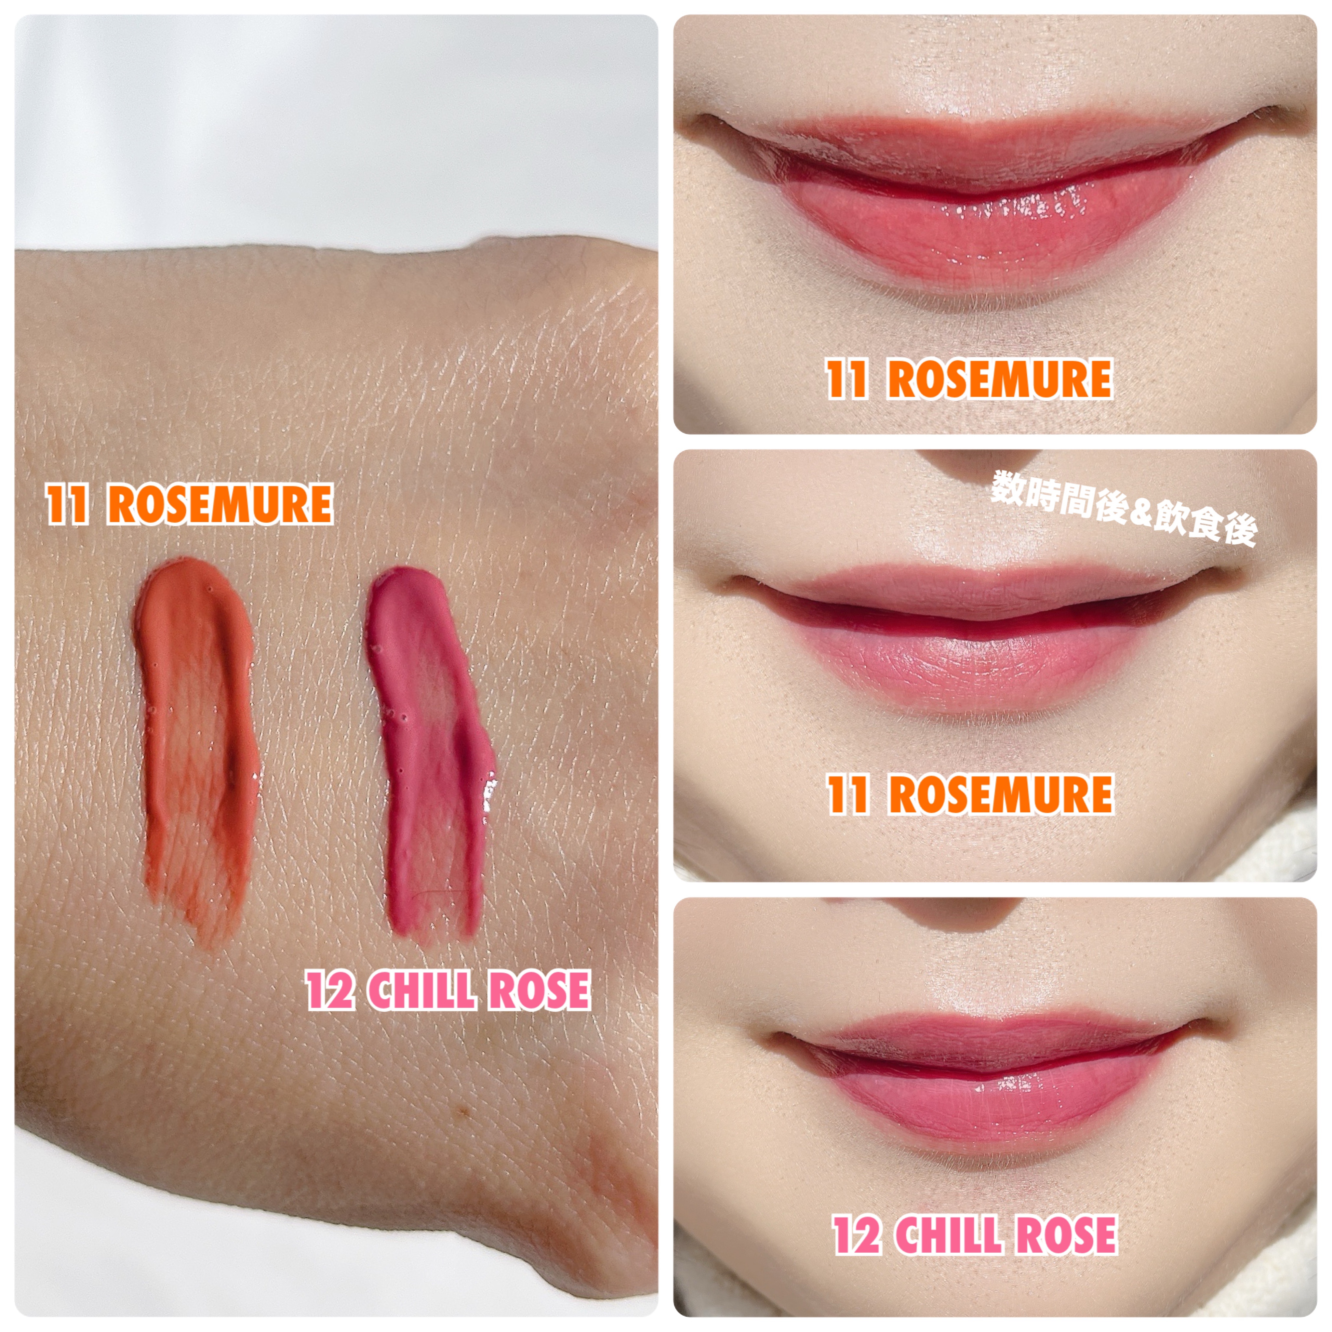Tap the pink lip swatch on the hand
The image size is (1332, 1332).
coord(431,752)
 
